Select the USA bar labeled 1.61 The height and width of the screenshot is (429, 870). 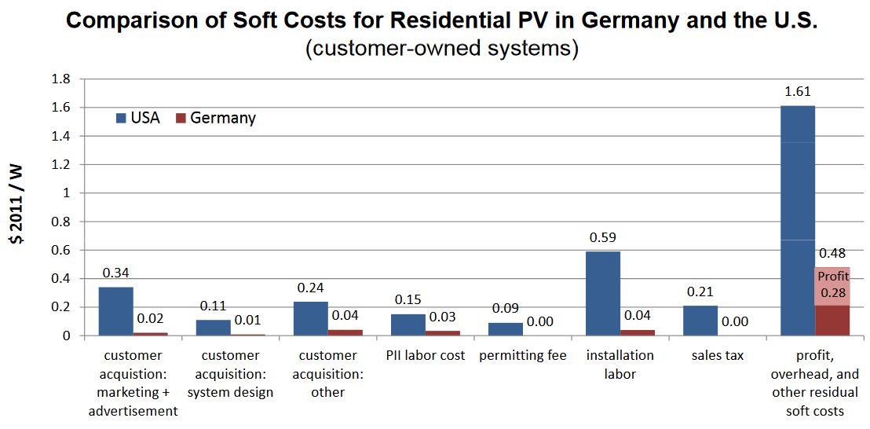coord(798,220)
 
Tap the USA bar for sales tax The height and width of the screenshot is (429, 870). coord(700,321)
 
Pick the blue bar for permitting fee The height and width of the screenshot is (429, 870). coord(506,328)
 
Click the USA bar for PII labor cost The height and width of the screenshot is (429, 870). coord(408,324)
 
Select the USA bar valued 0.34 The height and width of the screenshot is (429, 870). coord(115,311)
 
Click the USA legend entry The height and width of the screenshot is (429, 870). coord(138,118)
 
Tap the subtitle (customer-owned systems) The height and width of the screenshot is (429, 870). coord(442,49)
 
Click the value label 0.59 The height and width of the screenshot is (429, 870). coord(602,236)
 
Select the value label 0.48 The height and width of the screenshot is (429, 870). coord(832,254)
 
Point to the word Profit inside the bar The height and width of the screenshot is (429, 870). coord(833,277)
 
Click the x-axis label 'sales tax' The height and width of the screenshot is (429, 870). coord(717,355)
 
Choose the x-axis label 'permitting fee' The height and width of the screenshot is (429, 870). coord(522,355)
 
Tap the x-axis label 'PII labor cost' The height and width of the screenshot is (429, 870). coord(426,355)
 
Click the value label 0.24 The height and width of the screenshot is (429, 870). coord(310,287)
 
